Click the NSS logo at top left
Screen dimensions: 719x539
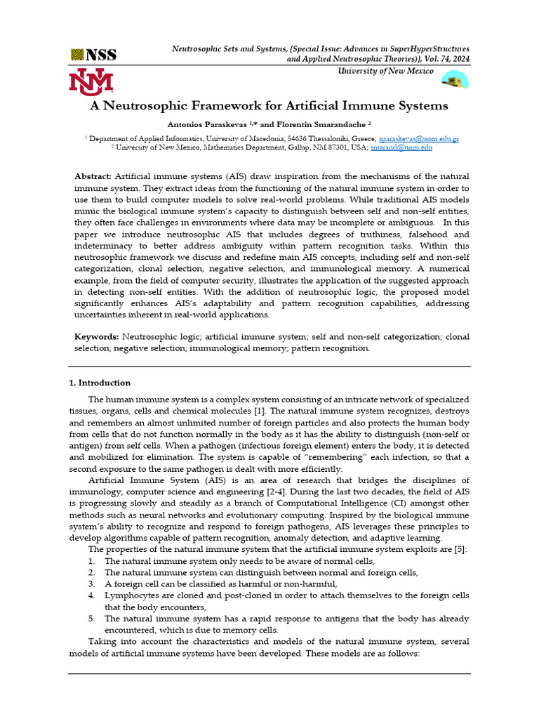[93, 55]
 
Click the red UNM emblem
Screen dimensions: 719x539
[91, 81]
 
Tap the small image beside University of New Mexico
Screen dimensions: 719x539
[455, 81]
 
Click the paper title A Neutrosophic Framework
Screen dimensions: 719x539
[269, 106]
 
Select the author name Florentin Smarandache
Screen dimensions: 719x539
[319, 124]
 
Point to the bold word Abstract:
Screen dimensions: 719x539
[93, 176]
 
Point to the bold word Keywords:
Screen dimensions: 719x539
[97, 337]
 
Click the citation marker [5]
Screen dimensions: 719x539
[460, 549]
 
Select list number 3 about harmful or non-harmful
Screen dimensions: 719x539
[92, 583]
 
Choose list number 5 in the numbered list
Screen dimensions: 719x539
[92, 619]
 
